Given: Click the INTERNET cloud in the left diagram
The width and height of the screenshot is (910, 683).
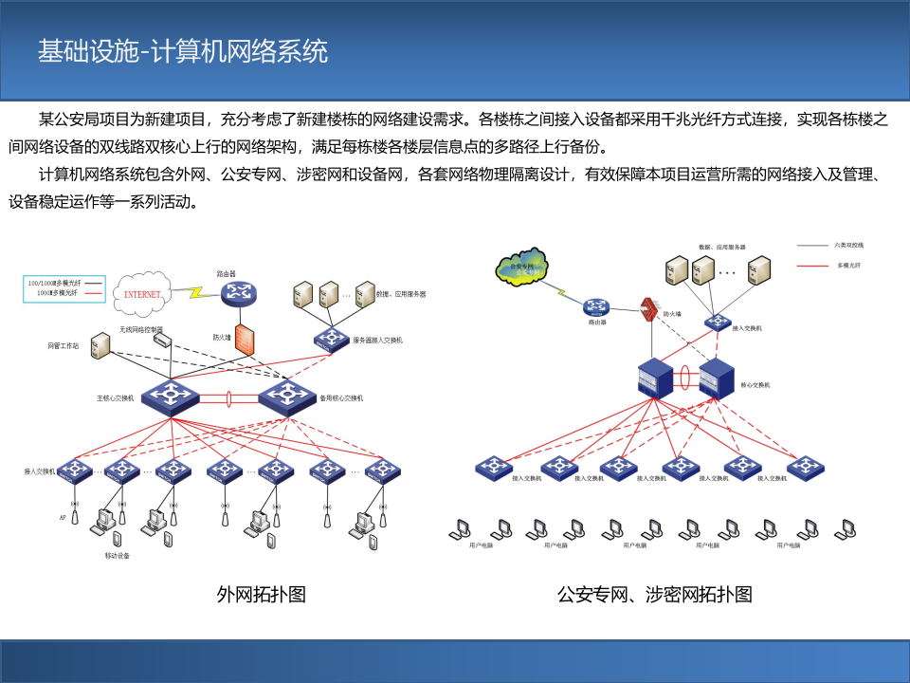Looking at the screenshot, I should (143, 293).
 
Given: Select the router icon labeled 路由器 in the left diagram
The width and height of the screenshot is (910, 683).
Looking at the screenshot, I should (239, 293).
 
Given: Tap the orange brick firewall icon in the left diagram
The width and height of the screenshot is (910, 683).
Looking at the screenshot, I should (245, 340).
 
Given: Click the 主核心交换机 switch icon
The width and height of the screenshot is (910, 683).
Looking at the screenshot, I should (172, 396).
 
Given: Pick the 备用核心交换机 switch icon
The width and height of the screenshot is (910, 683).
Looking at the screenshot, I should (286, 396).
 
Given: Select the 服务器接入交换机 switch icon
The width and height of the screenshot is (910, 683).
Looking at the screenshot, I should (332, 339).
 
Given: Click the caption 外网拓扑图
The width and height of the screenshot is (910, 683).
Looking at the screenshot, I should (261, 595).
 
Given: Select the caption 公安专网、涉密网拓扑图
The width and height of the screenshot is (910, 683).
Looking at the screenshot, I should (654, 595).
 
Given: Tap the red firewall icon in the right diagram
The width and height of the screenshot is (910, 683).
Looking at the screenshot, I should (649, 309).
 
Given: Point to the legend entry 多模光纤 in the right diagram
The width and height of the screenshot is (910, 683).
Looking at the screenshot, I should (848, 266).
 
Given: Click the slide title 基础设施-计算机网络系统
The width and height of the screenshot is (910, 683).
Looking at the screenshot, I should (183, 50).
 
